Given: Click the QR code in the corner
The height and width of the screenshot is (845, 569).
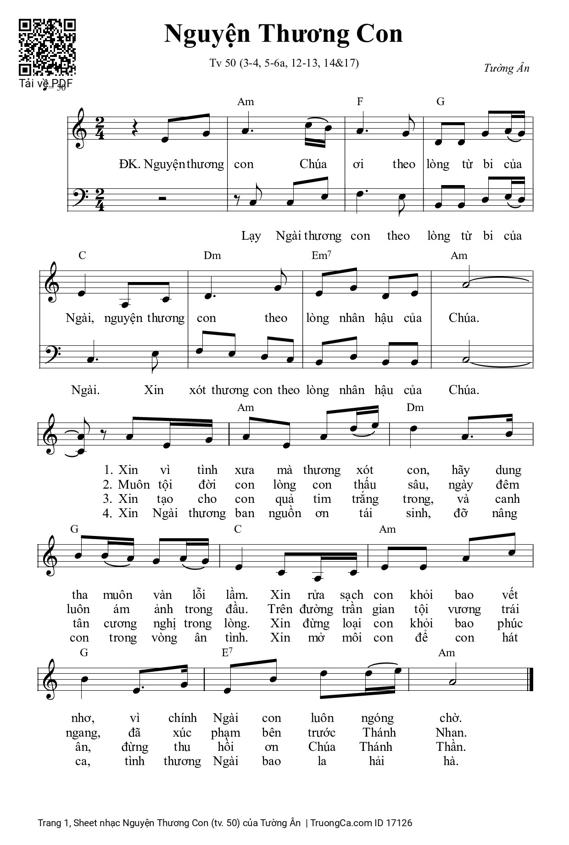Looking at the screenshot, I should [x=47, y=47].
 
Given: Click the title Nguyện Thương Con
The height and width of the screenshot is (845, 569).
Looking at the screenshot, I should [x=284, y=34].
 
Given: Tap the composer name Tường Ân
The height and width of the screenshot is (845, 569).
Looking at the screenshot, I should [x=506, y=68].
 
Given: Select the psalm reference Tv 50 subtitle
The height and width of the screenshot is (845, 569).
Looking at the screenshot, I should [x=284, y=63].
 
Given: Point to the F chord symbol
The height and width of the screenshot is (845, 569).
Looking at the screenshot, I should [x=360, y=102].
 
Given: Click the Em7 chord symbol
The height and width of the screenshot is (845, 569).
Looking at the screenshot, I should [x=321, y=256].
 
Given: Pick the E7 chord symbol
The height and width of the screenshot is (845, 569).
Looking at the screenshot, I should [x=227, y=653].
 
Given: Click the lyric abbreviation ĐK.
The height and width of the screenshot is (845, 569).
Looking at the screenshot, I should [x=129, y=164].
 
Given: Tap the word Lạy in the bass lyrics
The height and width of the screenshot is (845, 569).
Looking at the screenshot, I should [x=251, y=236].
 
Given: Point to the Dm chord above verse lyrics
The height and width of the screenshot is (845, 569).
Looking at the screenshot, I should [x=415, y=408].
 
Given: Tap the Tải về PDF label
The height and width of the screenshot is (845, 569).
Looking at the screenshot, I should [x=46, y=84].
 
